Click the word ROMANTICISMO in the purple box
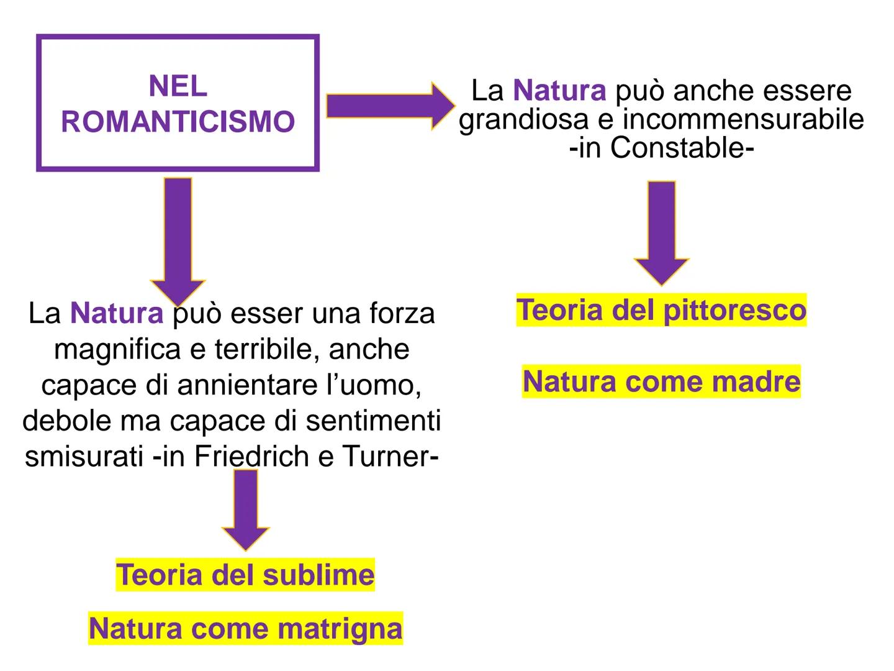pyautogui.click(x=178, y=122)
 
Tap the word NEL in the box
pyautogui.click(x=178, y=86)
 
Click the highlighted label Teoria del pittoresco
pyautogui.click(x=661, y=310)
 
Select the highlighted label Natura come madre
pyautogui.click(x=661, y=381)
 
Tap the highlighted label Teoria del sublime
pyautogui.click(x=245, y=575)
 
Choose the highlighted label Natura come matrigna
pyautogui.click(x=245, y=628)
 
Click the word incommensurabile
pyautogui.click(x=743, y=119)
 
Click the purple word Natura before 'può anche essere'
pyautogui.click(x=559, y=91)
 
